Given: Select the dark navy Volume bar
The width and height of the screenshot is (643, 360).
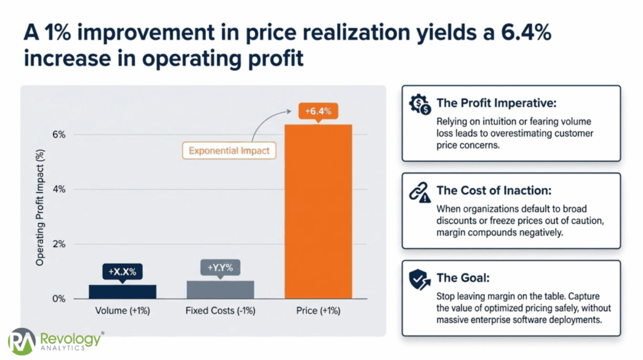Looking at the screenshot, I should click(x=122, y=292).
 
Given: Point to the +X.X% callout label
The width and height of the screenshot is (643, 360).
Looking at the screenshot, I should click(x=122, y=272).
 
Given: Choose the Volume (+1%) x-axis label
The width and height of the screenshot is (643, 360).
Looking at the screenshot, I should click(x=122, y=311).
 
